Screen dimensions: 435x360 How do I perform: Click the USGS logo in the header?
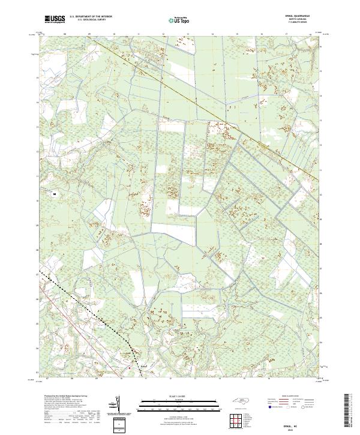pyautogui.click(x=55, y=20)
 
